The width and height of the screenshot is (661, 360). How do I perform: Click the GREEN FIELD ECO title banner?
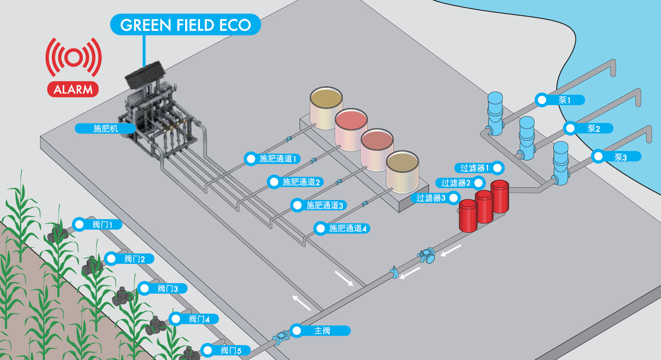[185, 25]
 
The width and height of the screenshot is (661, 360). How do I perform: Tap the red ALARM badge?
[73, 89]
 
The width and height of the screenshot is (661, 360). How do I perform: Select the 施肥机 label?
[105, 128]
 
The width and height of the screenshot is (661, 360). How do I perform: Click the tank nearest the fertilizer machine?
[326, 108]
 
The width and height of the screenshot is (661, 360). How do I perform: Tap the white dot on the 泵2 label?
[570, 128]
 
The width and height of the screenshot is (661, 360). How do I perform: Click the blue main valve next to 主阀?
[281, 337]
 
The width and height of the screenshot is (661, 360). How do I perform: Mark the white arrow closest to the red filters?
[451, 250]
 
